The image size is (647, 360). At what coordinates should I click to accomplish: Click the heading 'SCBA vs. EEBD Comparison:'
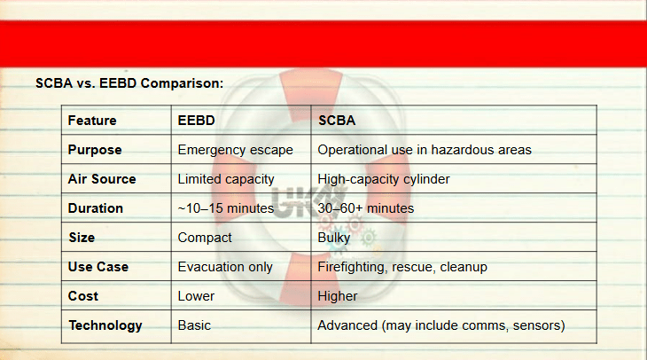129,83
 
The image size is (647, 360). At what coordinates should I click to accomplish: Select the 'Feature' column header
92,121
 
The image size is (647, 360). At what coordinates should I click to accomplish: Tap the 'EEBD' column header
197,121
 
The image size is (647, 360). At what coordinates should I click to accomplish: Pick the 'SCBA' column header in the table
337,121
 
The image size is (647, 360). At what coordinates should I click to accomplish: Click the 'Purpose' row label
95,150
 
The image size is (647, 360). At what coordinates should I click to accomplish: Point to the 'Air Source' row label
102,179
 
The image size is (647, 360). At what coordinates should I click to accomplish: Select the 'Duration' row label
96,208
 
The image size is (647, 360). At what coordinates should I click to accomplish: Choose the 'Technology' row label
105,325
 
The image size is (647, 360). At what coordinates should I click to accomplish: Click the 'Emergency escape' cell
235,150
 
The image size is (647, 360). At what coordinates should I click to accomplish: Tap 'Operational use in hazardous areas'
425,150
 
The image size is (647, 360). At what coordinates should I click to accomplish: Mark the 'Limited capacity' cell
226,179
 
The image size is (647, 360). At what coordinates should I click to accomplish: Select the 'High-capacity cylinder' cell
384,179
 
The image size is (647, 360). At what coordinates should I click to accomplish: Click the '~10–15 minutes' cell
226,208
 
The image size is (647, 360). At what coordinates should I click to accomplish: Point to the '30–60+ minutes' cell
365,208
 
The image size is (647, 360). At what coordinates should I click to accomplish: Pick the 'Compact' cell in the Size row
205,238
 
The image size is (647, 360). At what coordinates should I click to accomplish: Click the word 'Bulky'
334,238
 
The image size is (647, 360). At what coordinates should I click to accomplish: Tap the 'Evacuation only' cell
225,267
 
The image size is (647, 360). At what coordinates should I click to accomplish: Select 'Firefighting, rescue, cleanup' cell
402,267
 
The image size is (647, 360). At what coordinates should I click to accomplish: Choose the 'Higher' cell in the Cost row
338,296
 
